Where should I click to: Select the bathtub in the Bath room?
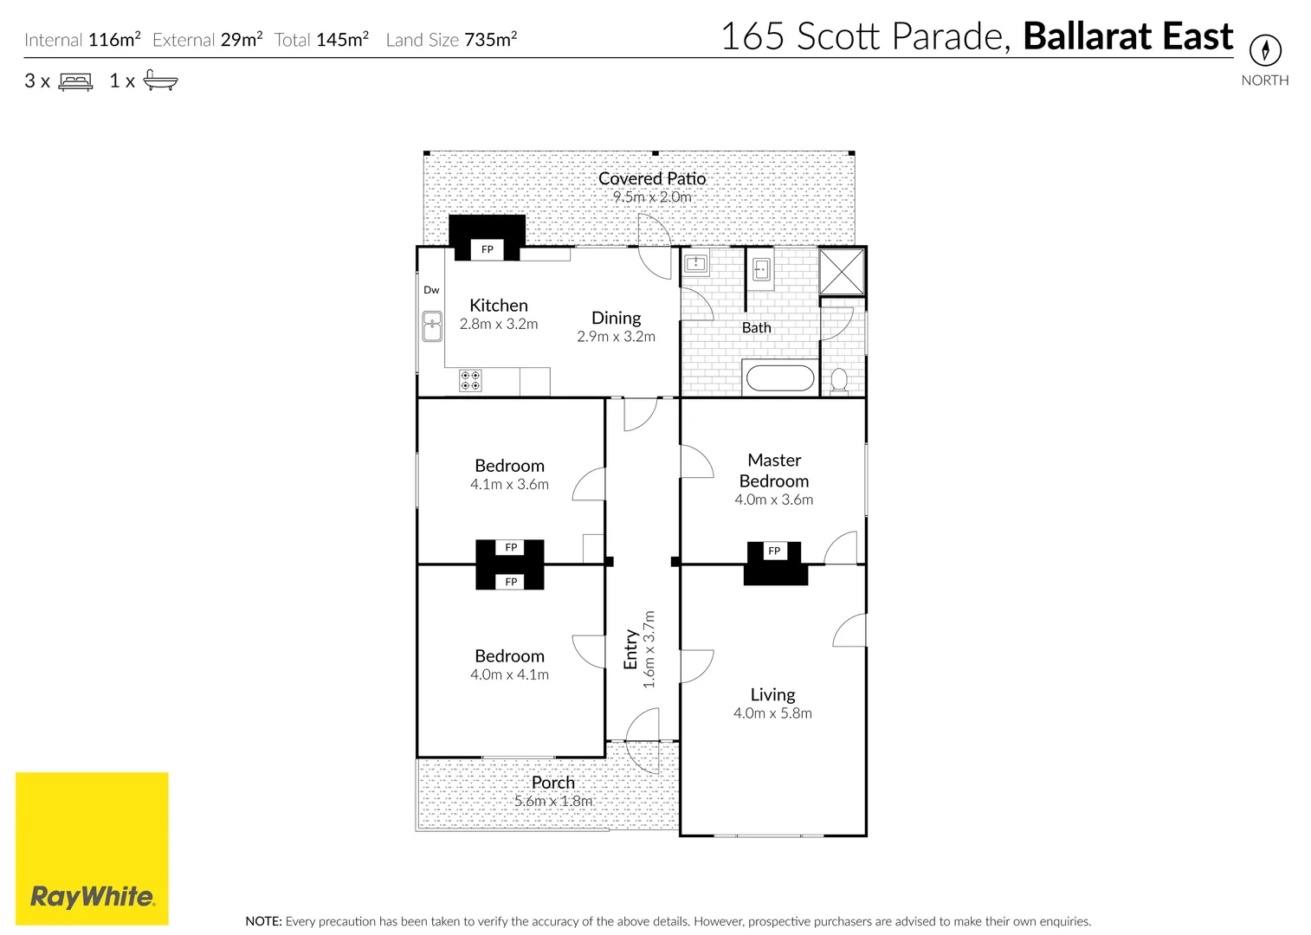click(x=779, y=378)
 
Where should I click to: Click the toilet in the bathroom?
click(x=838, y=380)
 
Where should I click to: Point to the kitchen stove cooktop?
click(x=470, y=380)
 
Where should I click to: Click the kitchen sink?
click(x=431, y=327)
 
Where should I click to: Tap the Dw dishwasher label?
click(x=431, y=290)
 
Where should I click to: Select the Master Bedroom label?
click(x=774, y=470)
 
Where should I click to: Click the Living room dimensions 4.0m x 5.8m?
click(x=772, y=713)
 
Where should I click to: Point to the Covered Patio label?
click(x=652, y=178)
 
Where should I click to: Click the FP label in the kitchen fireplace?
click(x=488, y=249)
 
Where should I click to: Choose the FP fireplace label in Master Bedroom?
click(x=774, y=551)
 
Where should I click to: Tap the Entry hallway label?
click(x=631, y=649)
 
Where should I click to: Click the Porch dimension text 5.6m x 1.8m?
click(x=553, y=801)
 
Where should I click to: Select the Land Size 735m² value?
click(x=490, y=40)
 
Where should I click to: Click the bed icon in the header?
click(x=75, y=81)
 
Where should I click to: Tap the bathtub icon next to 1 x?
click(x=160, y=81)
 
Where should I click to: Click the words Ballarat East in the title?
click(x=1127, y=36)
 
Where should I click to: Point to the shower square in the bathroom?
click(x=842, y=272)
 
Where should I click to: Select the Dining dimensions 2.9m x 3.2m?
click(x=616, y=337)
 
